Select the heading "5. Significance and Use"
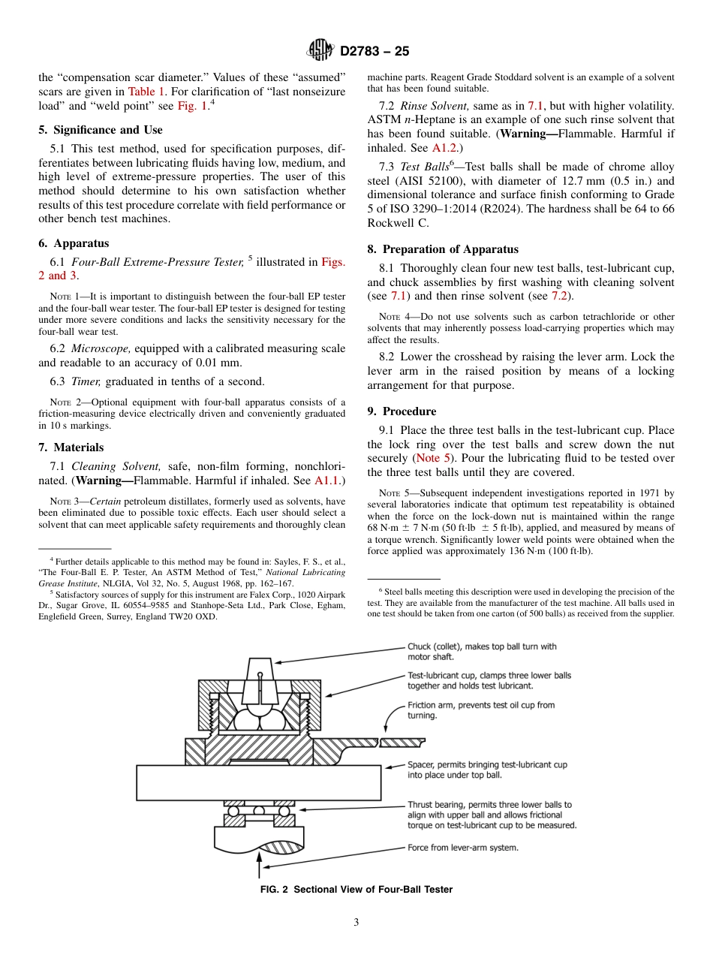[101, 130]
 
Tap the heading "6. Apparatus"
[74, 243]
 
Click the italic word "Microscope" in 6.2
[104, 348]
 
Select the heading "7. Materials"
[71, 447]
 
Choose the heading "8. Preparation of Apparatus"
[443, 249]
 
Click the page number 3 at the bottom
[356, 923]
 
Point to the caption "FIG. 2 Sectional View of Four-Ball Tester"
[356, 890]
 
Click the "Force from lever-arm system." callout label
[462, 848]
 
